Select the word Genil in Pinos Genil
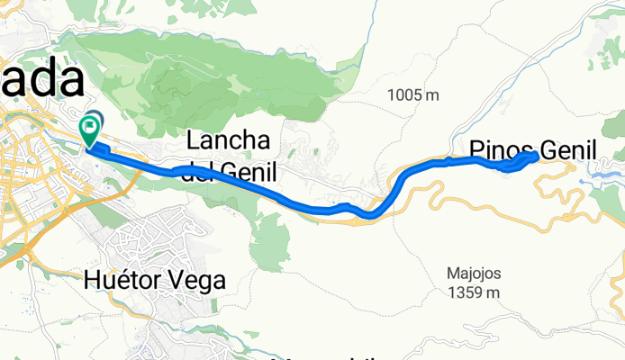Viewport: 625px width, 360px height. (566, 150)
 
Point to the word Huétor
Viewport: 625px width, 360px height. (122, 280)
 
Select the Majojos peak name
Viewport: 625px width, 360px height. (474, 273)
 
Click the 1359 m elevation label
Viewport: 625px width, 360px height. (475, 292)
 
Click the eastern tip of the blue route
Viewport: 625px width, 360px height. (537, 156)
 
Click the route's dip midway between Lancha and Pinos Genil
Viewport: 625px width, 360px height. (369, 214)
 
